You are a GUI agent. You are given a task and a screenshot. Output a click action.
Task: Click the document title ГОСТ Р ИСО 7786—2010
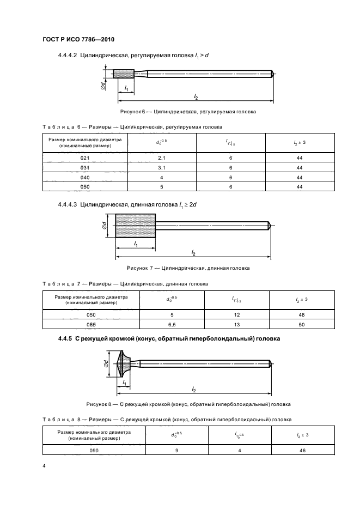[x=77, y=39]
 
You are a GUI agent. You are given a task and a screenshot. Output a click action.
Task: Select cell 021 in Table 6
[x=84, y=158]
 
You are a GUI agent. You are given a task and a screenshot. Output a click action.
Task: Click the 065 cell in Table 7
[x=91, y=324]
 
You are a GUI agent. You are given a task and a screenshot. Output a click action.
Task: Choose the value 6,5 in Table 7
[x=172, y=324]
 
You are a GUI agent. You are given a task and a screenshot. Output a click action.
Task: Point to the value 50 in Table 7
[x=301, y=324]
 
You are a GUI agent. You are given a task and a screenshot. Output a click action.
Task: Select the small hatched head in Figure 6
[x=120, y=74]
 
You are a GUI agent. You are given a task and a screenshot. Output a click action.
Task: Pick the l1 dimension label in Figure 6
[x=126, y=87]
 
